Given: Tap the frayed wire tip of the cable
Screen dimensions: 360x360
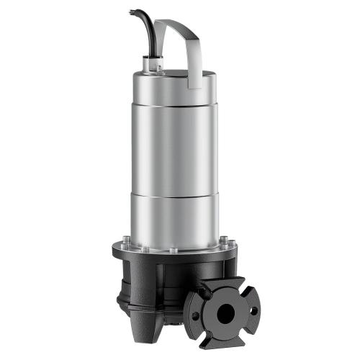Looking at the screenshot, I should coord(131,12).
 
